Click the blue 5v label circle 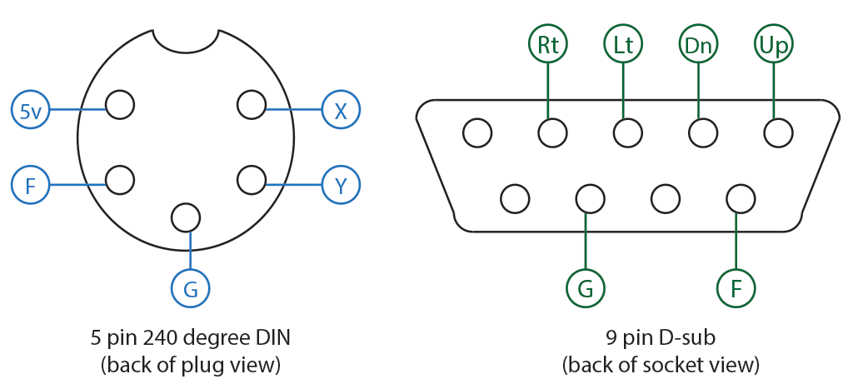tap(30, 110)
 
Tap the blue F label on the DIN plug tap(30, 185)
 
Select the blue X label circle tap(341, 110)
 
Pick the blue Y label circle tap(341, 185)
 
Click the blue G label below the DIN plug tap(191, 289)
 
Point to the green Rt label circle tap(548, 45)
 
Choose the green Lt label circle tap(623, 45)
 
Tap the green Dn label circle tap(698, 45)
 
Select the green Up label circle tap(774, 45)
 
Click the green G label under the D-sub tap(586, 288)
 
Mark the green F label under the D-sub tap(736, 288)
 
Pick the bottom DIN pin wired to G tap(185, 217)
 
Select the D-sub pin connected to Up tap(778, 132)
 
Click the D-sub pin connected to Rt tap(552, 132)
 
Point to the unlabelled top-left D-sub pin tap(477, 132)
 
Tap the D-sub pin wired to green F tap(740, 198)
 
